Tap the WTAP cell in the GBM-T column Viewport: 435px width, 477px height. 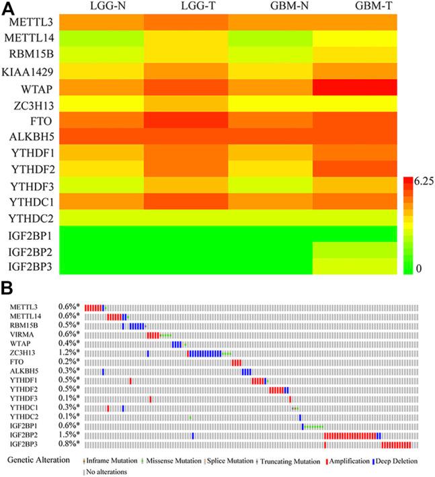pyautogui.click(x=354, y=88)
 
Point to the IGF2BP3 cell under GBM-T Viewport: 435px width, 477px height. pyautogui.click(x=354, y=267)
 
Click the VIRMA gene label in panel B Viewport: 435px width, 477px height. pyautogui.click(x=22, y=333)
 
